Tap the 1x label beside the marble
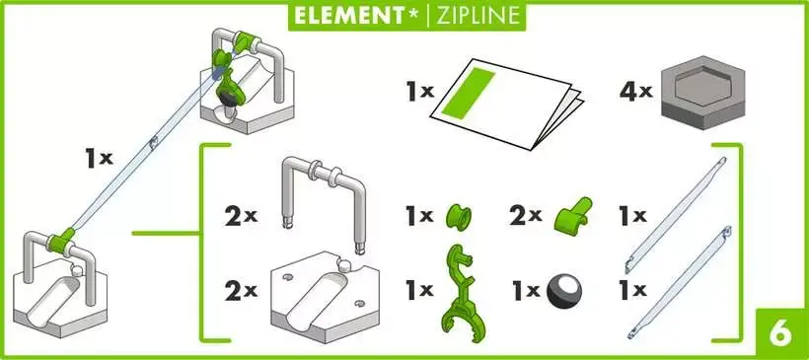524,291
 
